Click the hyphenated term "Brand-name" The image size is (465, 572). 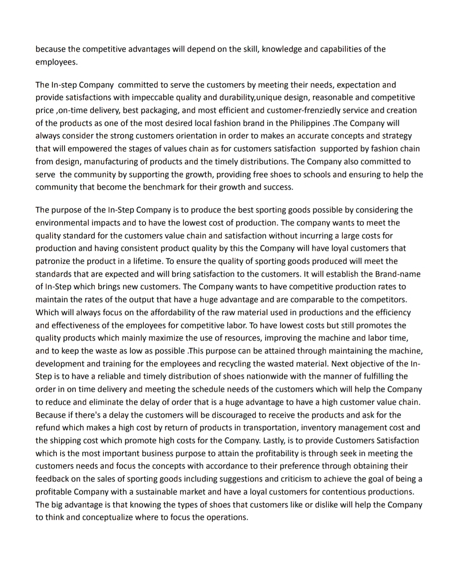(398, 274)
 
